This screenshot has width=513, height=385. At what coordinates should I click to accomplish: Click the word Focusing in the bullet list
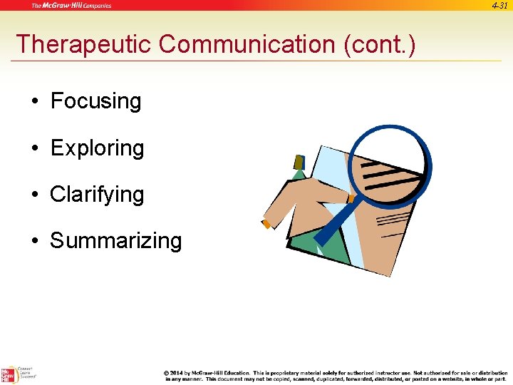point(95,101)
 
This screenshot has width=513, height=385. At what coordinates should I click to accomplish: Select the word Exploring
point(97,148)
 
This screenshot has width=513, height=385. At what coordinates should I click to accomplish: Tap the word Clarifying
point(97,195)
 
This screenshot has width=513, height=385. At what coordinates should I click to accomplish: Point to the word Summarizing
point(115,241)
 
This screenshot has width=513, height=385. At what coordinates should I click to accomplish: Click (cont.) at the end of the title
point(379,44)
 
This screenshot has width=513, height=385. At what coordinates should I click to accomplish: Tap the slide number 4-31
point(499,5)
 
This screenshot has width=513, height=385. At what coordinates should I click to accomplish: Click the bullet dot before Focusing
point(34,102)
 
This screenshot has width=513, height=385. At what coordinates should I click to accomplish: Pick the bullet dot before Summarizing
point(34,241)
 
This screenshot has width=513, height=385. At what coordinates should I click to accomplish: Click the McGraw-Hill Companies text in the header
point(71,6)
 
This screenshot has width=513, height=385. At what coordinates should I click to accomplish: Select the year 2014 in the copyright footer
point(177,372)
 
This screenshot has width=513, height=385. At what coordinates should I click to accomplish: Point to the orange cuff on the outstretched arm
point(266,224)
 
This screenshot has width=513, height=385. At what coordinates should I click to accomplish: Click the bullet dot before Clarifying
point(34,195)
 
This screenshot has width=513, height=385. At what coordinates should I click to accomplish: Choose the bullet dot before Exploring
point(34,148)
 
